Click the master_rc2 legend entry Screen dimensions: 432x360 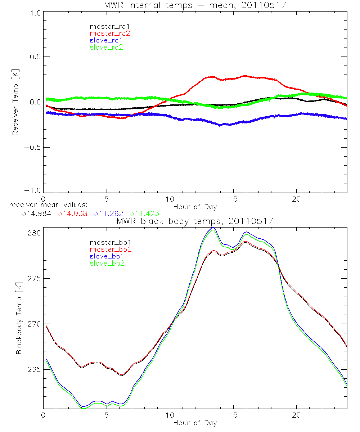tap(110, 33)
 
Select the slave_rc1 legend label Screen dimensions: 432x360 tap(106, 40)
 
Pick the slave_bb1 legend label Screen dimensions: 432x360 tap(106, 257)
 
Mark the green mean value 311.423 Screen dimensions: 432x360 tap(145, 214)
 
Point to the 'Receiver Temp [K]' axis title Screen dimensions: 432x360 tap(15, 102)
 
